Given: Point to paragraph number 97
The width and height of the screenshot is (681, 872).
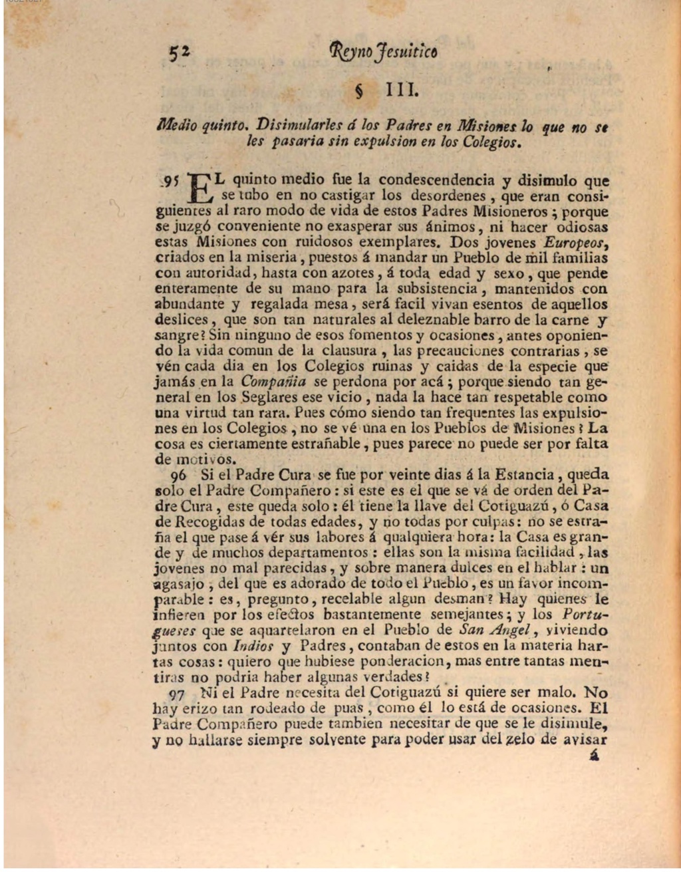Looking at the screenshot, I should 176,694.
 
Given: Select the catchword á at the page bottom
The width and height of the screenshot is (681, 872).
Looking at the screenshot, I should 594,756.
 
